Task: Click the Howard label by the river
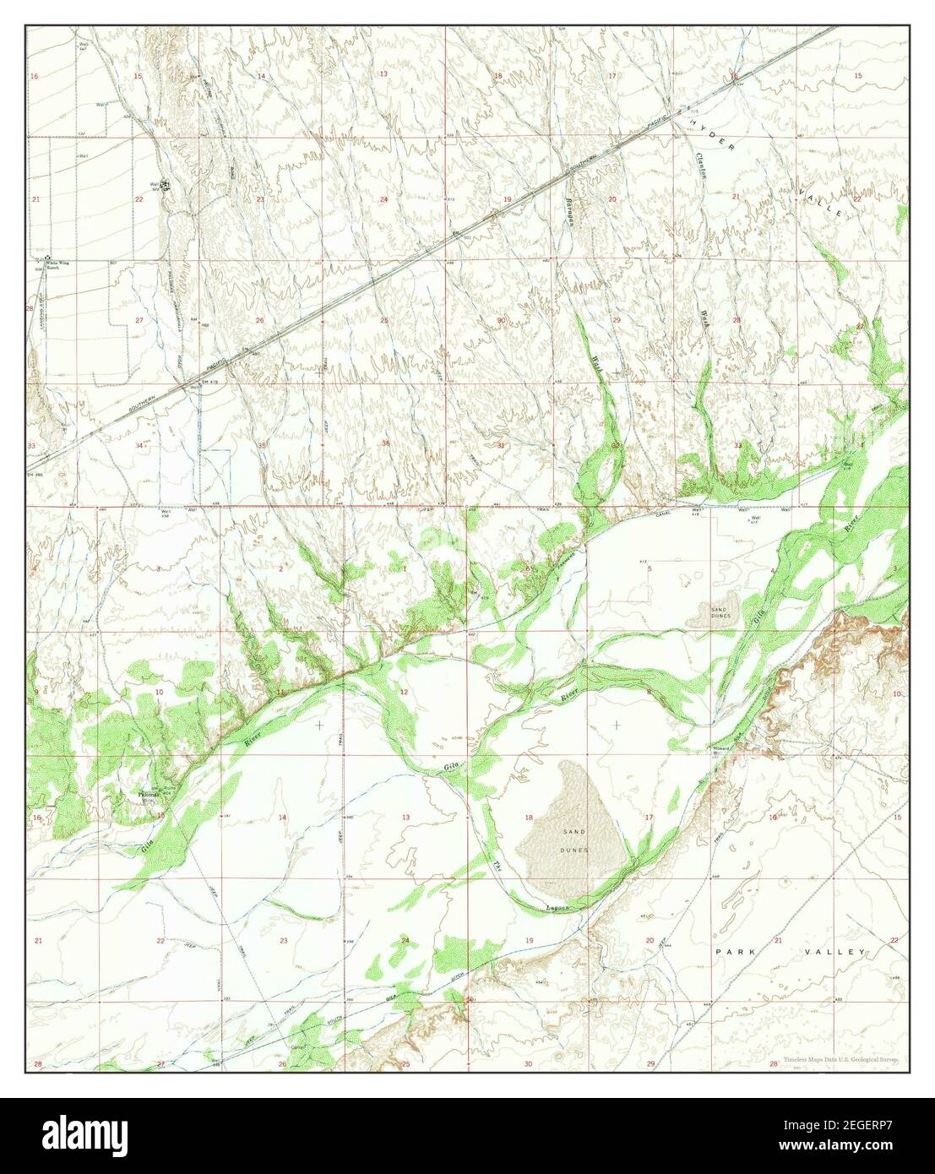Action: [721, 748]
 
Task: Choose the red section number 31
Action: [501, 445]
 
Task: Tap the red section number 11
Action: [281, 693]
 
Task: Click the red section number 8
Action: [649, 693]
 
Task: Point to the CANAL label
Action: [664, 514]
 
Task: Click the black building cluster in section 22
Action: [166, 186]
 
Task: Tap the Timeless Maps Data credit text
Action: [840, 1059]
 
